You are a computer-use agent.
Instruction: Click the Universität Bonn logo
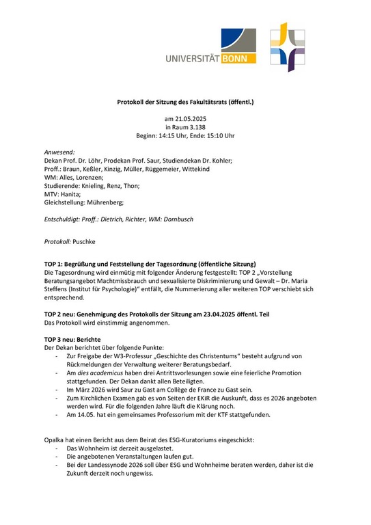[x=210, y=47]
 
